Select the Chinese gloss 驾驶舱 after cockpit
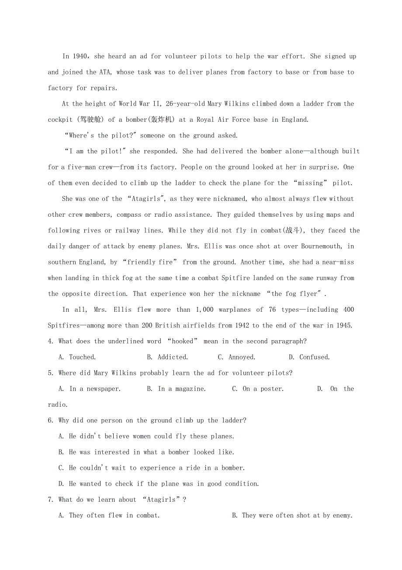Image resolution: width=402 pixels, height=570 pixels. tap(92, 120)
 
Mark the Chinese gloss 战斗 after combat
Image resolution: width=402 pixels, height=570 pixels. tap(293, 230)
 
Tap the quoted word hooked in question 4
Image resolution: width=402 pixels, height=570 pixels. tap(182, 341)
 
